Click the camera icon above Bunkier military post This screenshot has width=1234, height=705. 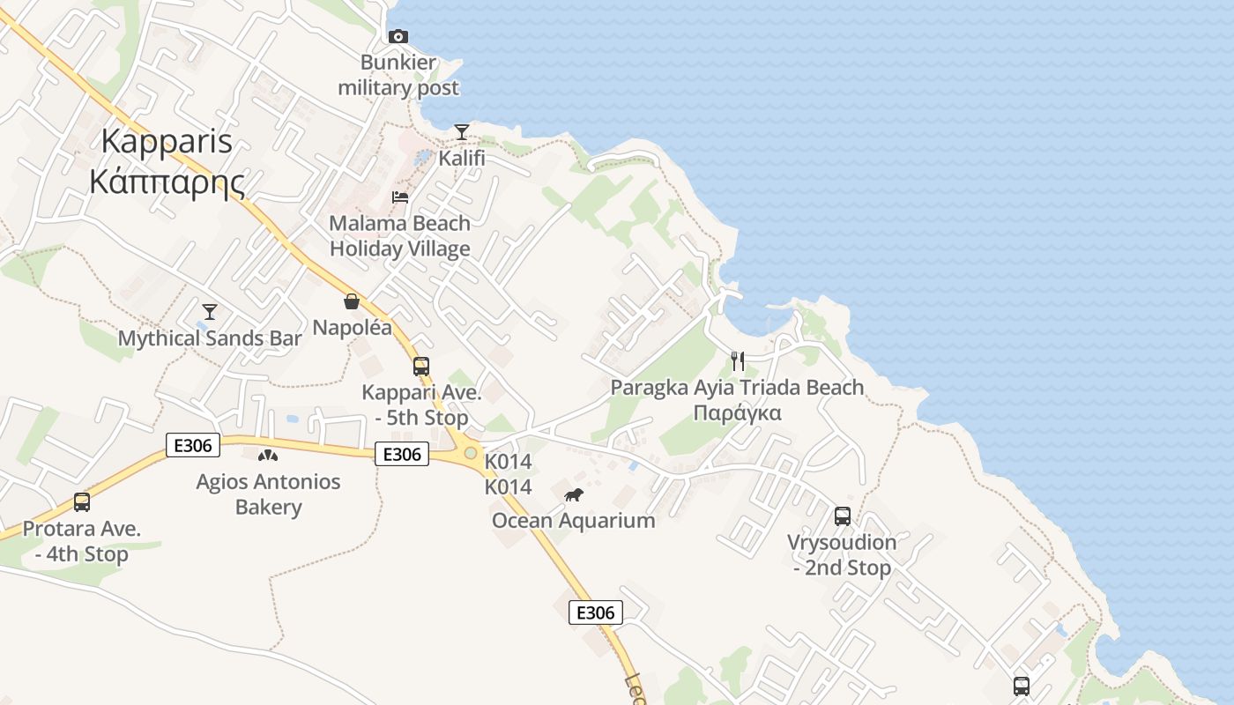[398, 36]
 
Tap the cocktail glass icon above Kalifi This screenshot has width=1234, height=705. [462, 132]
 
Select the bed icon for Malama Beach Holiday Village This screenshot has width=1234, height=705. [400, 197]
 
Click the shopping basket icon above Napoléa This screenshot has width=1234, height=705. [352, 301]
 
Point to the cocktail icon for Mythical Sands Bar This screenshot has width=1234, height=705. [210, 311]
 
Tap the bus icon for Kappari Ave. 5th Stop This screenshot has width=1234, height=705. [421, 366]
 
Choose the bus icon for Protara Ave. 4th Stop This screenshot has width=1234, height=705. [82, 502]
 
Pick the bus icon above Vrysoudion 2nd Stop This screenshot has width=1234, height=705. [843, 516]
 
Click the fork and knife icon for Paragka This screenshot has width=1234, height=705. [738, 360]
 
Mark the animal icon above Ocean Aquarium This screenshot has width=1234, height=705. [574, 494]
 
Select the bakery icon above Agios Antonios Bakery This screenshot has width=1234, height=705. [268, 456]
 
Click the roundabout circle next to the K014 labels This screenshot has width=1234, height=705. [471, 453]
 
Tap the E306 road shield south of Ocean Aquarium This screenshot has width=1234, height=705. [596, 612]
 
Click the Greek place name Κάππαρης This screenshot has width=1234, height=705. [167, 182]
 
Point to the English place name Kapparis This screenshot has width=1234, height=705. [167, 141]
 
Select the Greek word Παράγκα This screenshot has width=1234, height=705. [737, 412]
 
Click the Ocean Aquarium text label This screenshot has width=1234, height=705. [574, 520]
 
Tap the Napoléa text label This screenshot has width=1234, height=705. [353, 328]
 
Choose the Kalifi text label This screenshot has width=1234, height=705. [462, 160]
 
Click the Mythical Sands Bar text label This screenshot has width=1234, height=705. [210, 338]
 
